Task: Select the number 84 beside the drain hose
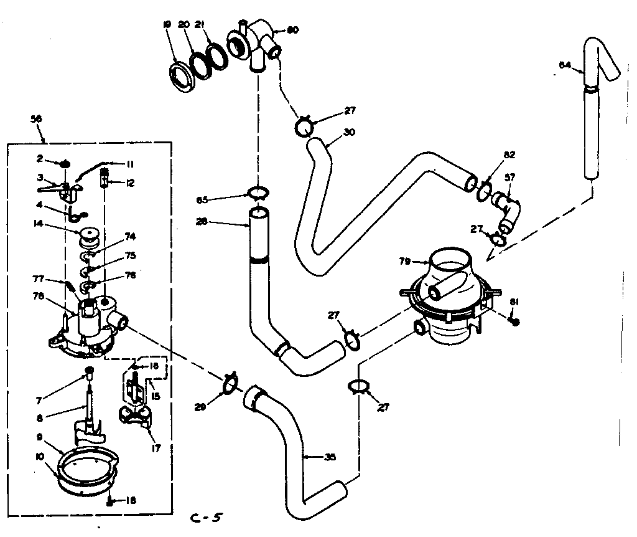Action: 564,65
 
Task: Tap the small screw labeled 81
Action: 514,321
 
